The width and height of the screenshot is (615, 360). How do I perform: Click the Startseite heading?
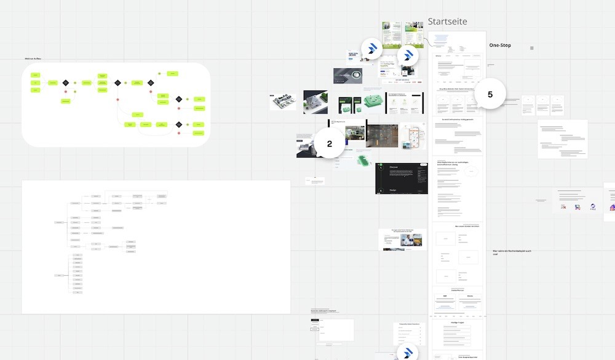point(447,22)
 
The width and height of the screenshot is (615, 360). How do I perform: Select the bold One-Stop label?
point(500,46)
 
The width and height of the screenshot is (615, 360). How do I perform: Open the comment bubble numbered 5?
point(490,95)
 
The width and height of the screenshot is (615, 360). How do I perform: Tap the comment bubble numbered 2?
point(329,144)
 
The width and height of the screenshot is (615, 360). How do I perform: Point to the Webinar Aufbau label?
point(33,59)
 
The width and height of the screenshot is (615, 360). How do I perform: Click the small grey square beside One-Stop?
point(532,47)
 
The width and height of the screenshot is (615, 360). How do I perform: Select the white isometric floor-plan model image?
point(282,102)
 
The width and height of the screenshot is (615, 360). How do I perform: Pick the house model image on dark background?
point(315,102)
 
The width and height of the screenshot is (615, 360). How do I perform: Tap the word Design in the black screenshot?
point(393,191)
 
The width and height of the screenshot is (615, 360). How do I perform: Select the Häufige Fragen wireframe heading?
point(457,321)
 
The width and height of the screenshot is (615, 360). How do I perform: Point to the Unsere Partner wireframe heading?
point(457,289)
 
